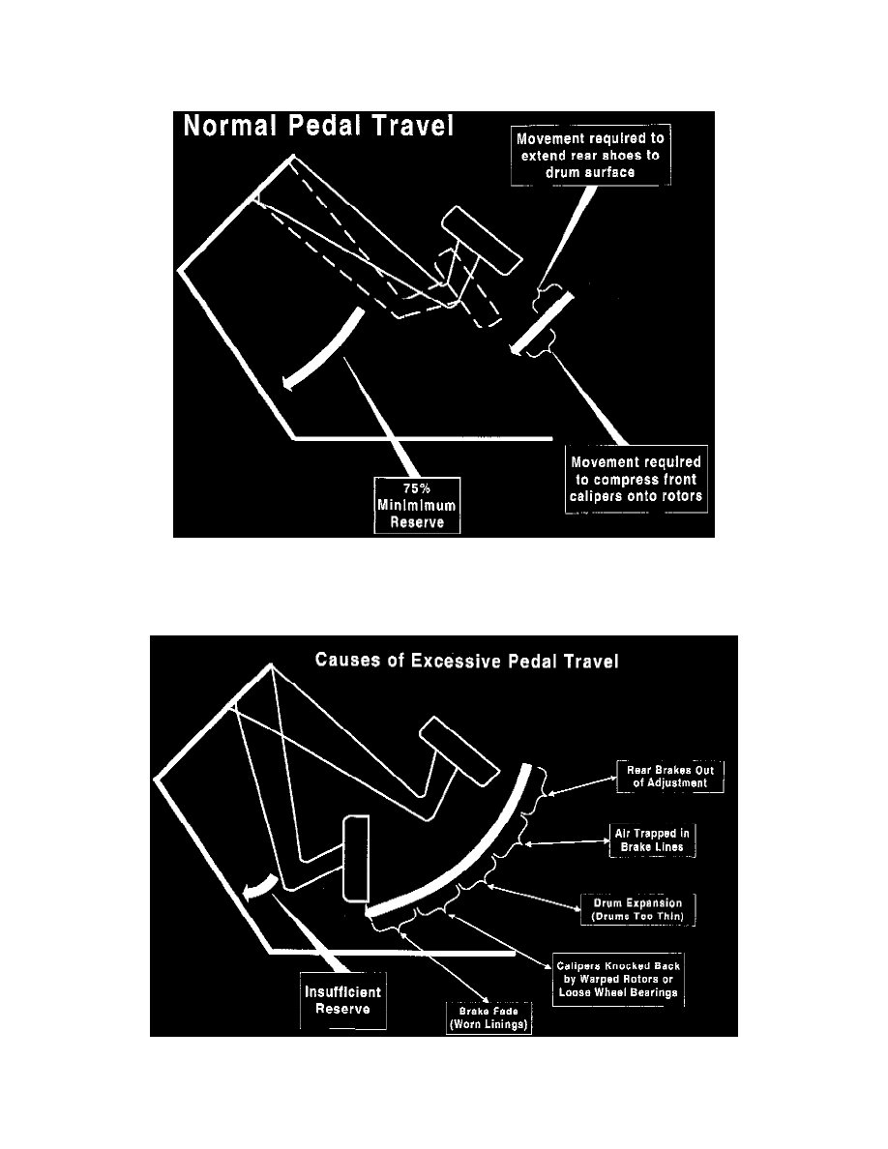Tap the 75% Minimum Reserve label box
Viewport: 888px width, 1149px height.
point(418,504)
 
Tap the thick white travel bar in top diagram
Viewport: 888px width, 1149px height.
point(543,322)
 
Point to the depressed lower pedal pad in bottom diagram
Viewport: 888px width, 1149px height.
point(356,858)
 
